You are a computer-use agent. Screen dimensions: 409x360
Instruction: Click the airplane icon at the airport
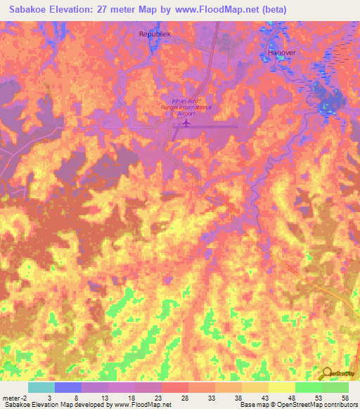[x=186, y=124]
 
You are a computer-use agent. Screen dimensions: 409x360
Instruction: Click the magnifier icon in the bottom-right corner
[x=328, y=374]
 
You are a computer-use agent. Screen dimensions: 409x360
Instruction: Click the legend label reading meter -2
[x=15, y=397]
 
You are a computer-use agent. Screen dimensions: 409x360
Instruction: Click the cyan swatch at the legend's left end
[x=41, y=387]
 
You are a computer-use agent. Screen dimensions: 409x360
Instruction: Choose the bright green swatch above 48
[x=308, y=387]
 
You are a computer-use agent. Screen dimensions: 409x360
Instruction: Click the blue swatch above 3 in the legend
[x=67, y=387]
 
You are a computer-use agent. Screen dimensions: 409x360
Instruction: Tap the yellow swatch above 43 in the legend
[x=255, y=387]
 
